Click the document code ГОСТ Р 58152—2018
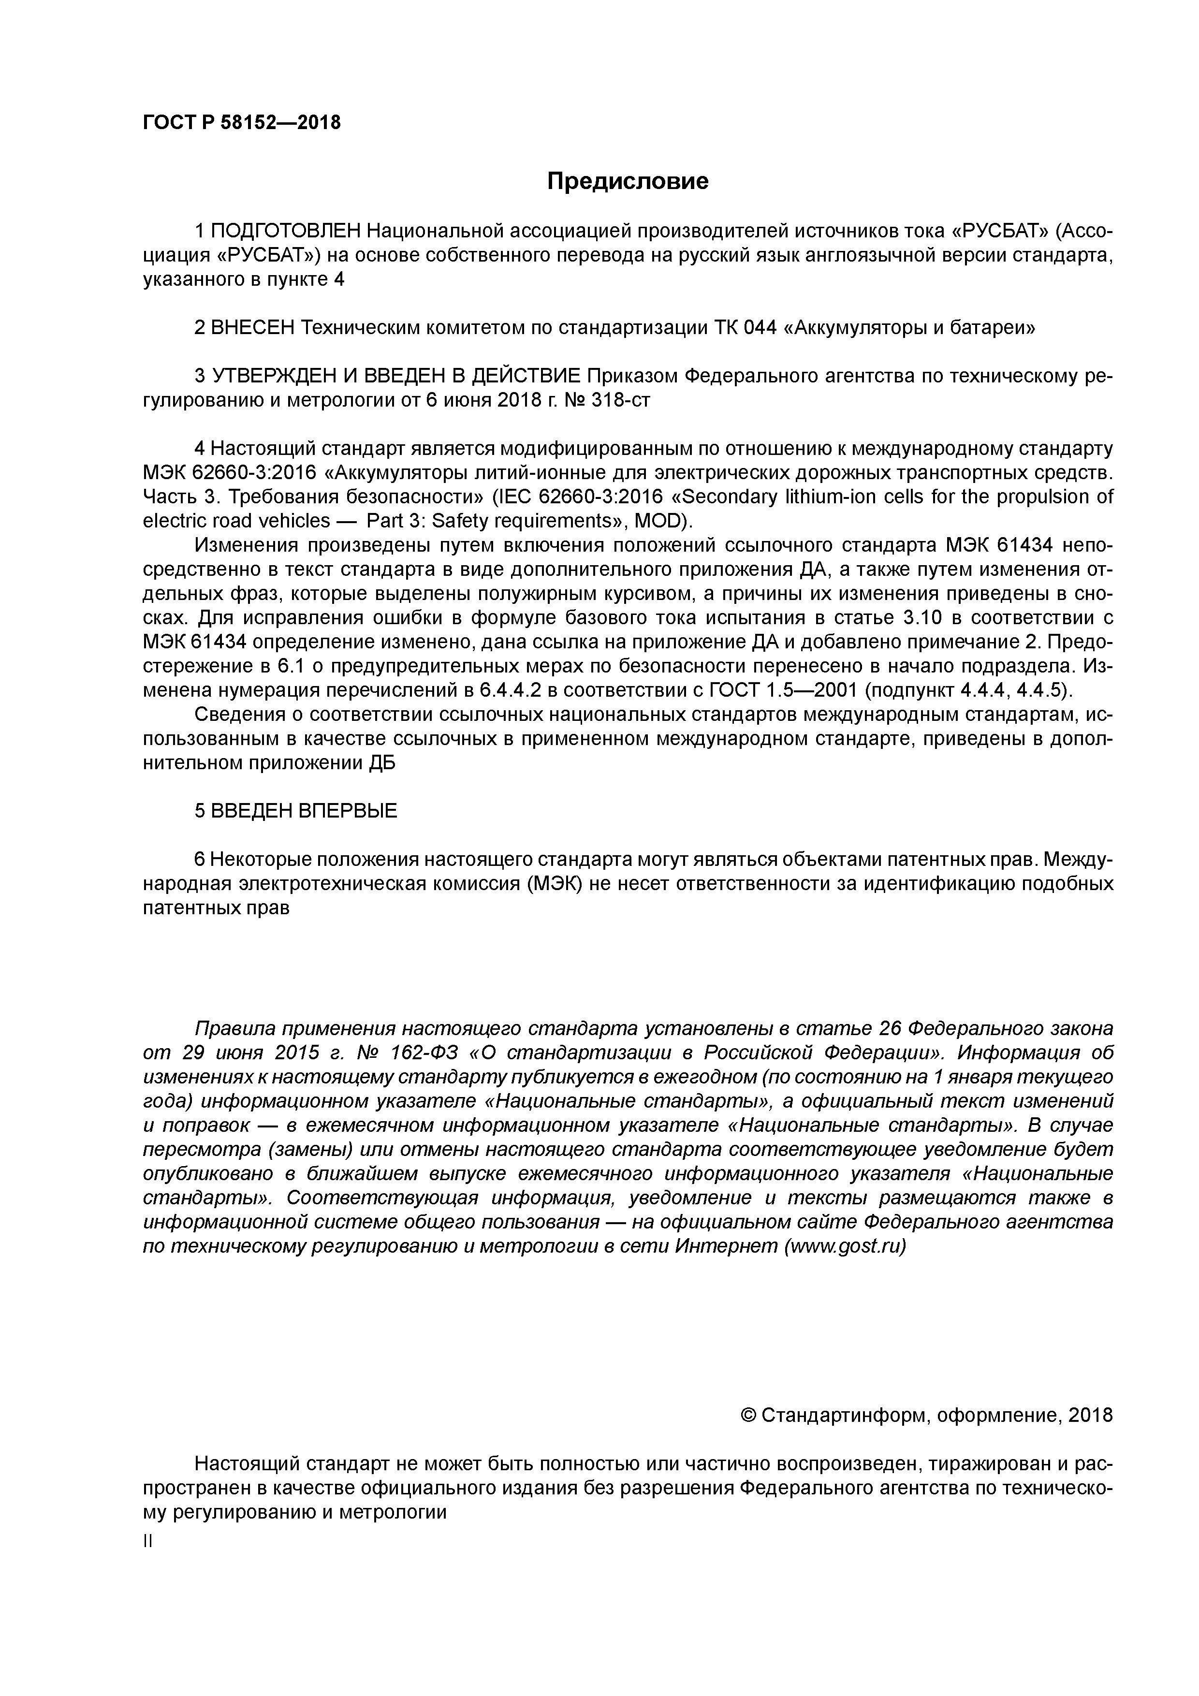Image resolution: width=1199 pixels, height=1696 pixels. tap(242, 123)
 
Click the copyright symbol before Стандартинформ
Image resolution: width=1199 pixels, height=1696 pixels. tap(747, 1415)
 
